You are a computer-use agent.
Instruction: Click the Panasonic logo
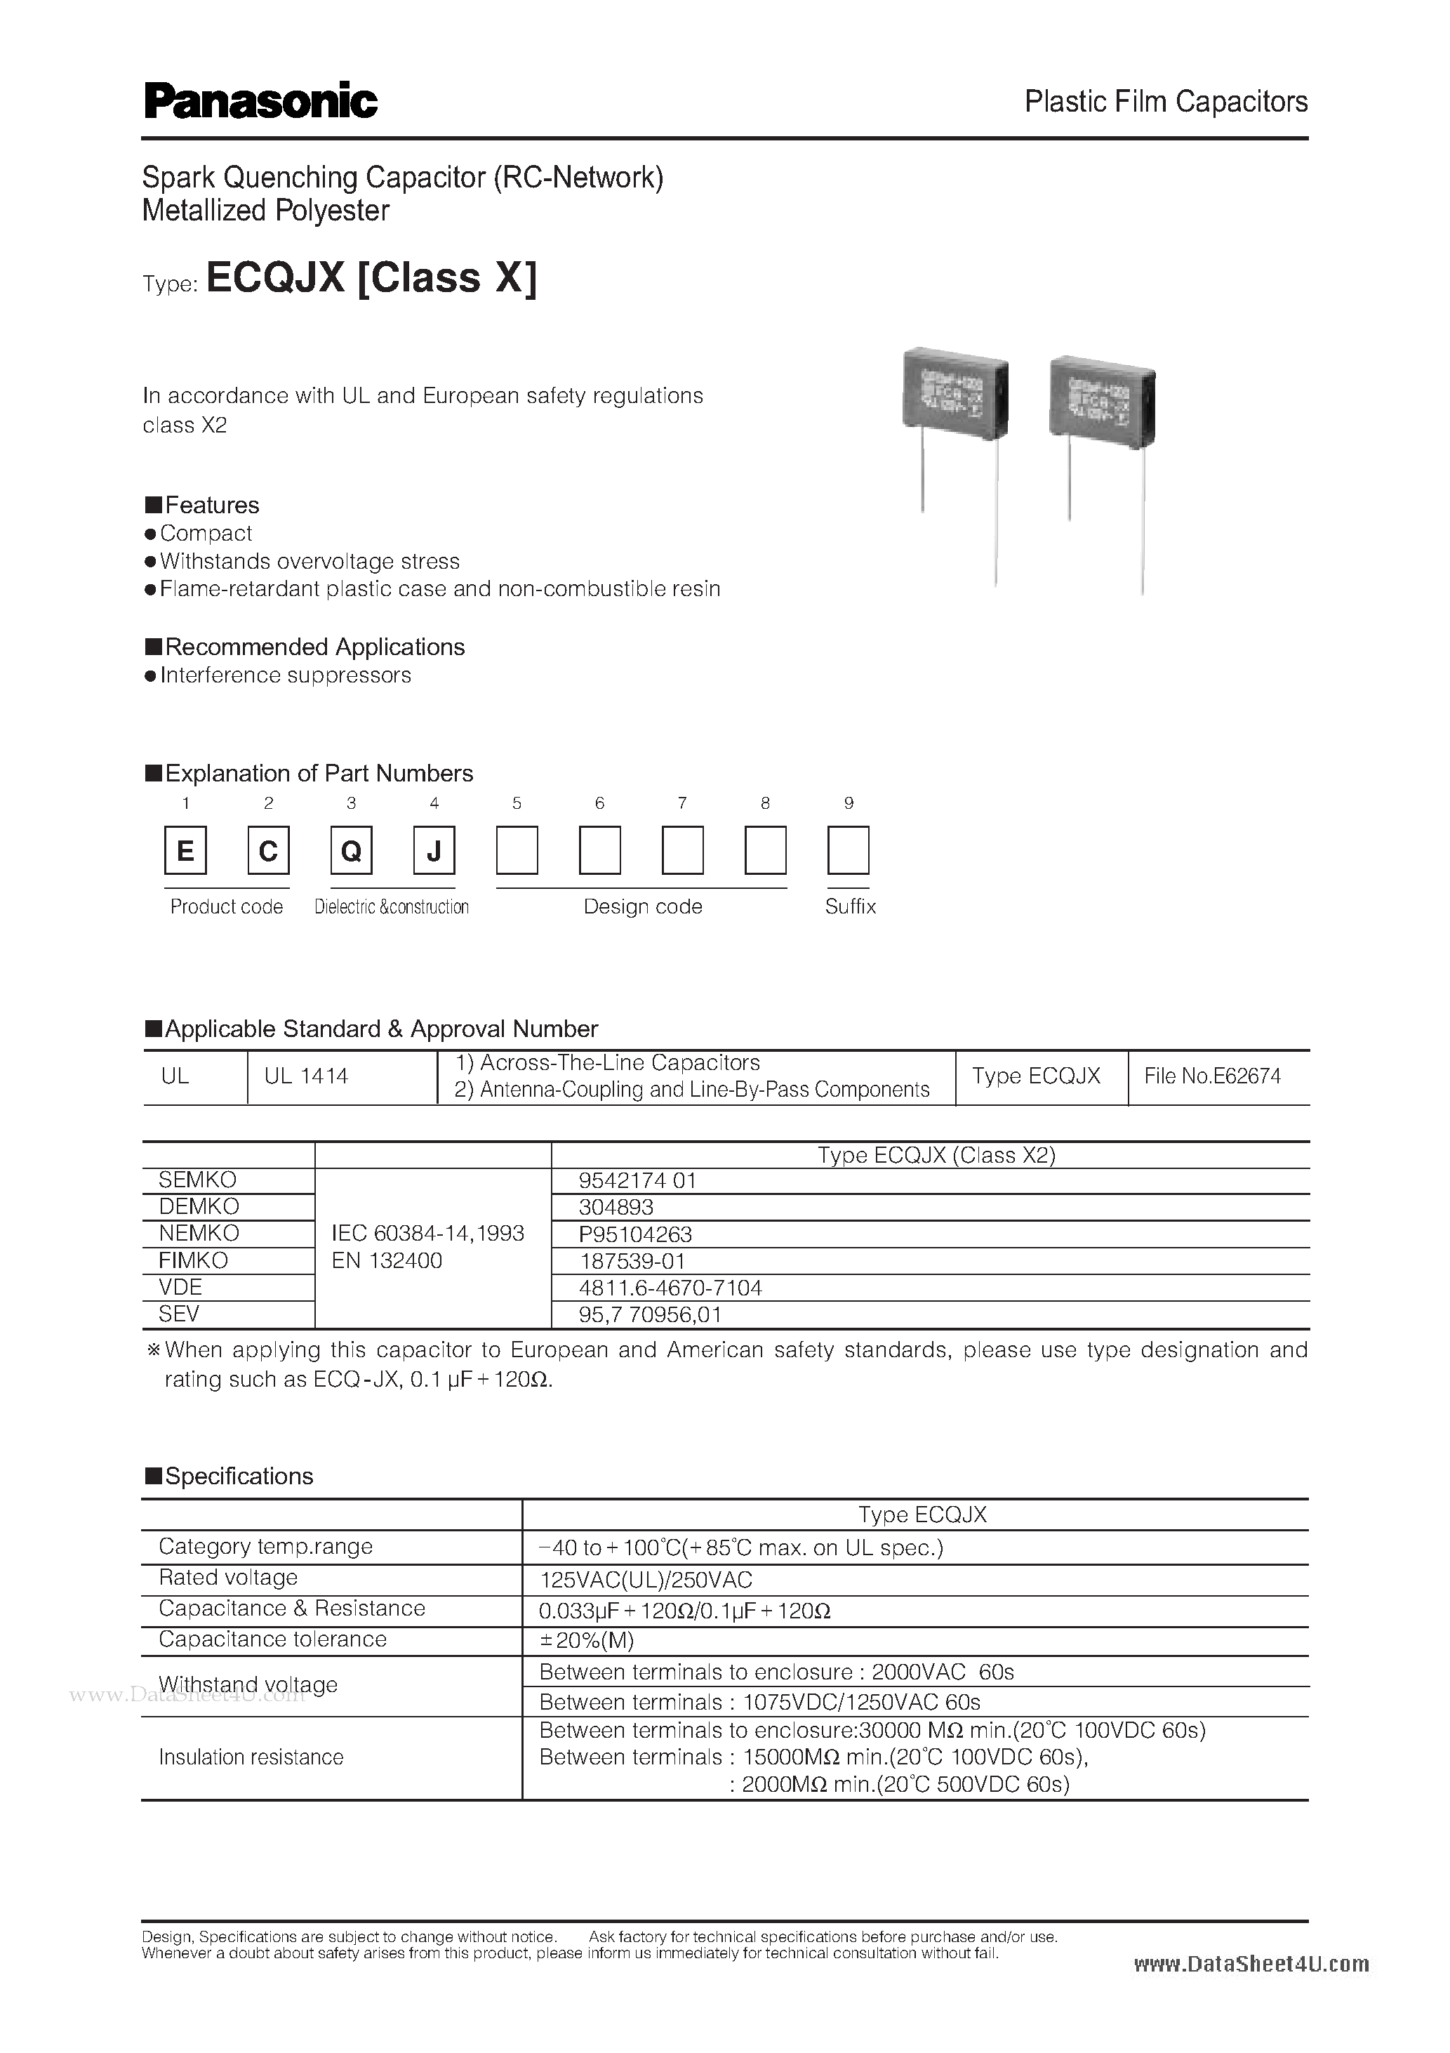pos(260,103)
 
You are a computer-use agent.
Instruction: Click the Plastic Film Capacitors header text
pos(1165,102)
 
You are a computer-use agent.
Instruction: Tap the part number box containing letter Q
pos(352,850)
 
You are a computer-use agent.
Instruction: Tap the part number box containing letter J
pos(434,850)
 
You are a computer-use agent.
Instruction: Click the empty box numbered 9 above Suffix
pos(849,850)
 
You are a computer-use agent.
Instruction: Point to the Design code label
pos(642,906)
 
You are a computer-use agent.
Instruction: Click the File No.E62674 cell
pos(1212,1076)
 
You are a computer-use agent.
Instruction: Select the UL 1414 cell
pos(306,1076)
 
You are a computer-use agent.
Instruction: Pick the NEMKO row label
pos(199,1233)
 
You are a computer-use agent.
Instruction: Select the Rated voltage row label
pos(228,1577)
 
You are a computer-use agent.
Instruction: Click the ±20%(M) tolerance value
pos(587,1640)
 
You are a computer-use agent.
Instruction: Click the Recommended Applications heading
pos(314,647)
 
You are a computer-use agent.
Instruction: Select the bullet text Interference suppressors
pos(285,675)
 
